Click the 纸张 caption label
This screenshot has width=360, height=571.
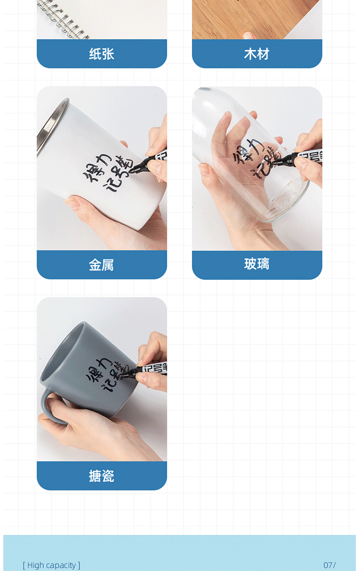pyautogui.click(x=102, y=54)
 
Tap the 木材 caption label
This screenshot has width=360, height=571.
pyautogui.click(x=257, y=54)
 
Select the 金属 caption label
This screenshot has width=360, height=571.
pyautogui.click(x=101, y=265)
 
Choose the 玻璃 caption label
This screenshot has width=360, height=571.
pyautogui.click(x=257, y=264)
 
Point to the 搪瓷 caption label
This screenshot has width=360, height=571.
pyautogui.click(x=102, y=476)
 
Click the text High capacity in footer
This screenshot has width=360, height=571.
pyautogui.click(x=52, y=565)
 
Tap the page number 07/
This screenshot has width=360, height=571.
pyautogui.click(x=329, y=565)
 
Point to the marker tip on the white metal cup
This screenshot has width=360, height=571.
pyautogui.click(x=132, y=171)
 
